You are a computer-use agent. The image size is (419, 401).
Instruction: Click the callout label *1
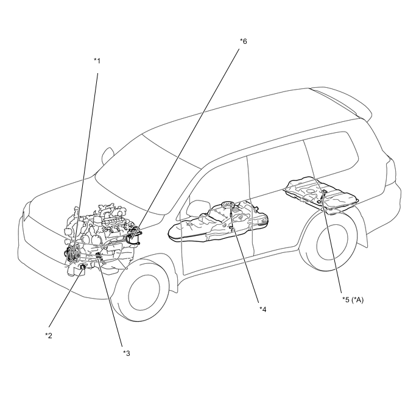pos(97,60)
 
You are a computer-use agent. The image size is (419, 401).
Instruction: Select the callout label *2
pos(49,335)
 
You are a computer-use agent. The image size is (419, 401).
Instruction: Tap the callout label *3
pos(127,353)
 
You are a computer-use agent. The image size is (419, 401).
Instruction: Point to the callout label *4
pos(263,309)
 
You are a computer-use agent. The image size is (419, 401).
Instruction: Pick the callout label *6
pos(244,41)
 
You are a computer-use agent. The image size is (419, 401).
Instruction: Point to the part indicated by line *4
pos(232,229)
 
